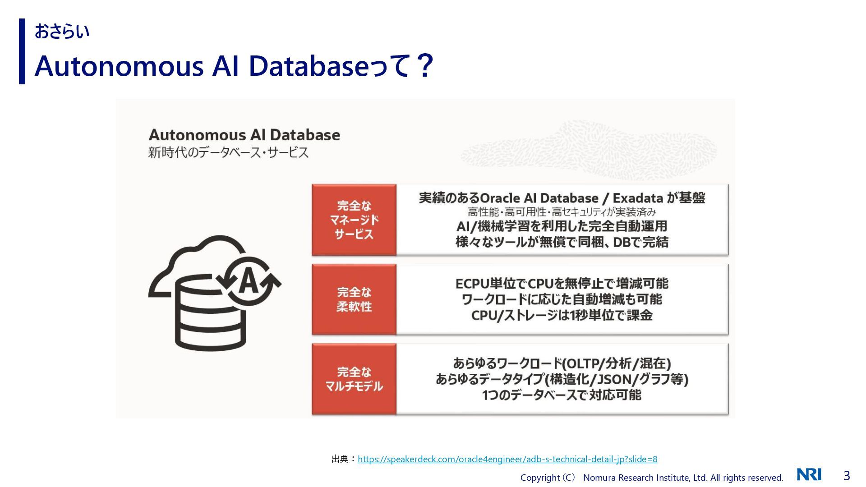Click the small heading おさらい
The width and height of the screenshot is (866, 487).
click(x=62, y=32)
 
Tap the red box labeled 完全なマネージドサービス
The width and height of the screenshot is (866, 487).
click(x=354, y=220)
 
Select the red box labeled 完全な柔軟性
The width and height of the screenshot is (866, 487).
click(x=354, y=299)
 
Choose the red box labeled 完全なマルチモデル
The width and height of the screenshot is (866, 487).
click(x=354, y=379)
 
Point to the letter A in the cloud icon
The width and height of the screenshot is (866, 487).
click(x=249, y=281)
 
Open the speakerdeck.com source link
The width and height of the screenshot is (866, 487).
click(x=507, y=459)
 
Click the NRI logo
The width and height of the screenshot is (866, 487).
click(x=809, y=475)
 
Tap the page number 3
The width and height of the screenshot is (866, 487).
click(x=847, y=476)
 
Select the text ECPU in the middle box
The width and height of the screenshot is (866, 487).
click(x=472, y=284)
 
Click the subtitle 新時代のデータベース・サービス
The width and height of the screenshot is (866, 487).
click(x=228, y=152)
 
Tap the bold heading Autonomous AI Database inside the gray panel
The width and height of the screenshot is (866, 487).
click(x=244, y=135)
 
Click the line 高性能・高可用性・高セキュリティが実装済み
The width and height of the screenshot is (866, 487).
click(x=562, y=212)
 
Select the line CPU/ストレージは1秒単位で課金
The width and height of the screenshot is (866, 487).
click(x=562, y=315)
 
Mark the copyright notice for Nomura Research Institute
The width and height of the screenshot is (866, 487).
click(x=651, y=478)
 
